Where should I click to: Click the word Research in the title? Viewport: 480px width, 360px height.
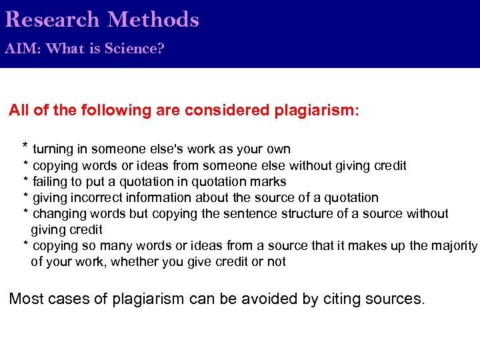(x=51, y=19)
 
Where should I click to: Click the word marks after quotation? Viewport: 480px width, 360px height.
(x=269, y=181)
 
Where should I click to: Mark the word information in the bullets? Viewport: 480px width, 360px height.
(x=156, y=197)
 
